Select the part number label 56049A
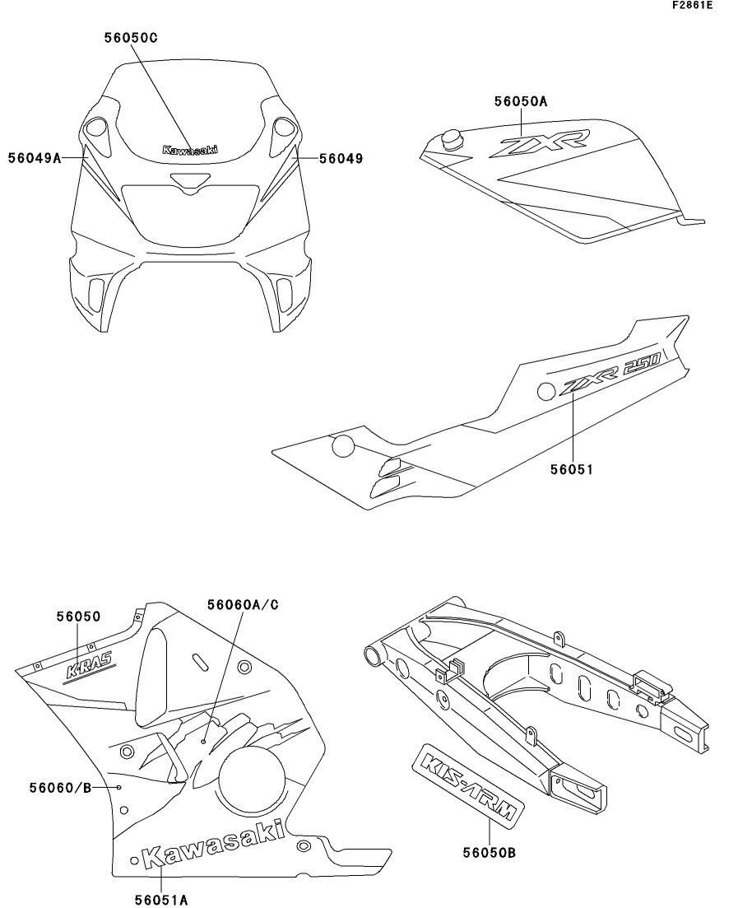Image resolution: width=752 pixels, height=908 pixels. click(x=35, y=158)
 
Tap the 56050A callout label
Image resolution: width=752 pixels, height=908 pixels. click(x=520, y=101)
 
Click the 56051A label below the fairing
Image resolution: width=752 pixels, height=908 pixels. click(x=161, y=900)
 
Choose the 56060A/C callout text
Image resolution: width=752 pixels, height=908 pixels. click(x=243, y=605)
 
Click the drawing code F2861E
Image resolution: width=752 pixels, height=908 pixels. click(x=692, y=6)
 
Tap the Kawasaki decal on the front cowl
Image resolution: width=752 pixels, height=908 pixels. click(x=190, y=150)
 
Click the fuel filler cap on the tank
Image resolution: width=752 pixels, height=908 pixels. click(x=452, y=139)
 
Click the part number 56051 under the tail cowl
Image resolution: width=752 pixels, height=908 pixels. click(x=572, y=469)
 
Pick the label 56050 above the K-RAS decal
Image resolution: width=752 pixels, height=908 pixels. click(x=78, y=616)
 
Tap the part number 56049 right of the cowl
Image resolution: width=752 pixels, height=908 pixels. click(x=341, y=158)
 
